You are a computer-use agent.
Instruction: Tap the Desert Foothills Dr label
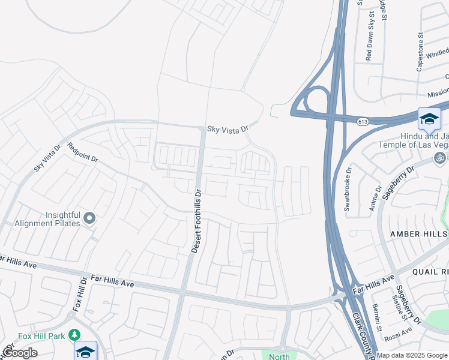coord(196,220)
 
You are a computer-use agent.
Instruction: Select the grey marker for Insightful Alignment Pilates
coord(89,218)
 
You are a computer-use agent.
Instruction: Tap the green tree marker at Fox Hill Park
coord(74,335)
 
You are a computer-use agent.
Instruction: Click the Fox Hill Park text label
coord(40,336)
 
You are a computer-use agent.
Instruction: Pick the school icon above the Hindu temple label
coord(429,118)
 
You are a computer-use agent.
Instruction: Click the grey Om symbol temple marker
coord(440,158)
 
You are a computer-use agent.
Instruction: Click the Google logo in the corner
coord(20,353)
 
